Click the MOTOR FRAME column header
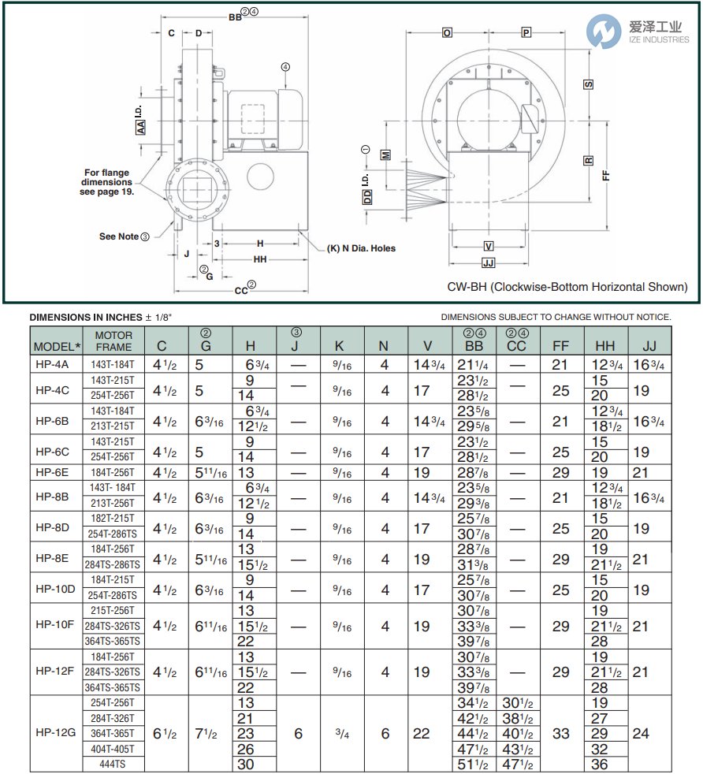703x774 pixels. coord(113,340)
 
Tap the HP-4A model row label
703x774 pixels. coord(53,365)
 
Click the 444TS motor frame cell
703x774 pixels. coord(113,764)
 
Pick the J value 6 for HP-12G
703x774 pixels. coord(298,733)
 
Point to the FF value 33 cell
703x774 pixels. coord(560,733)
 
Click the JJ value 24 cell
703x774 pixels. coord(641,733)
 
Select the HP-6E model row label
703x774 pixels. coord(53,472)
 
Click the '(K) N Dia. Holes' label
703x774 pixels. coord(361,248)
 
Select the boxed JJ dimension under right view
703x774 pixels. coord(488,262)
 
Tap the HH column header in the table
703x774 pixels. coord(605,346)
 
